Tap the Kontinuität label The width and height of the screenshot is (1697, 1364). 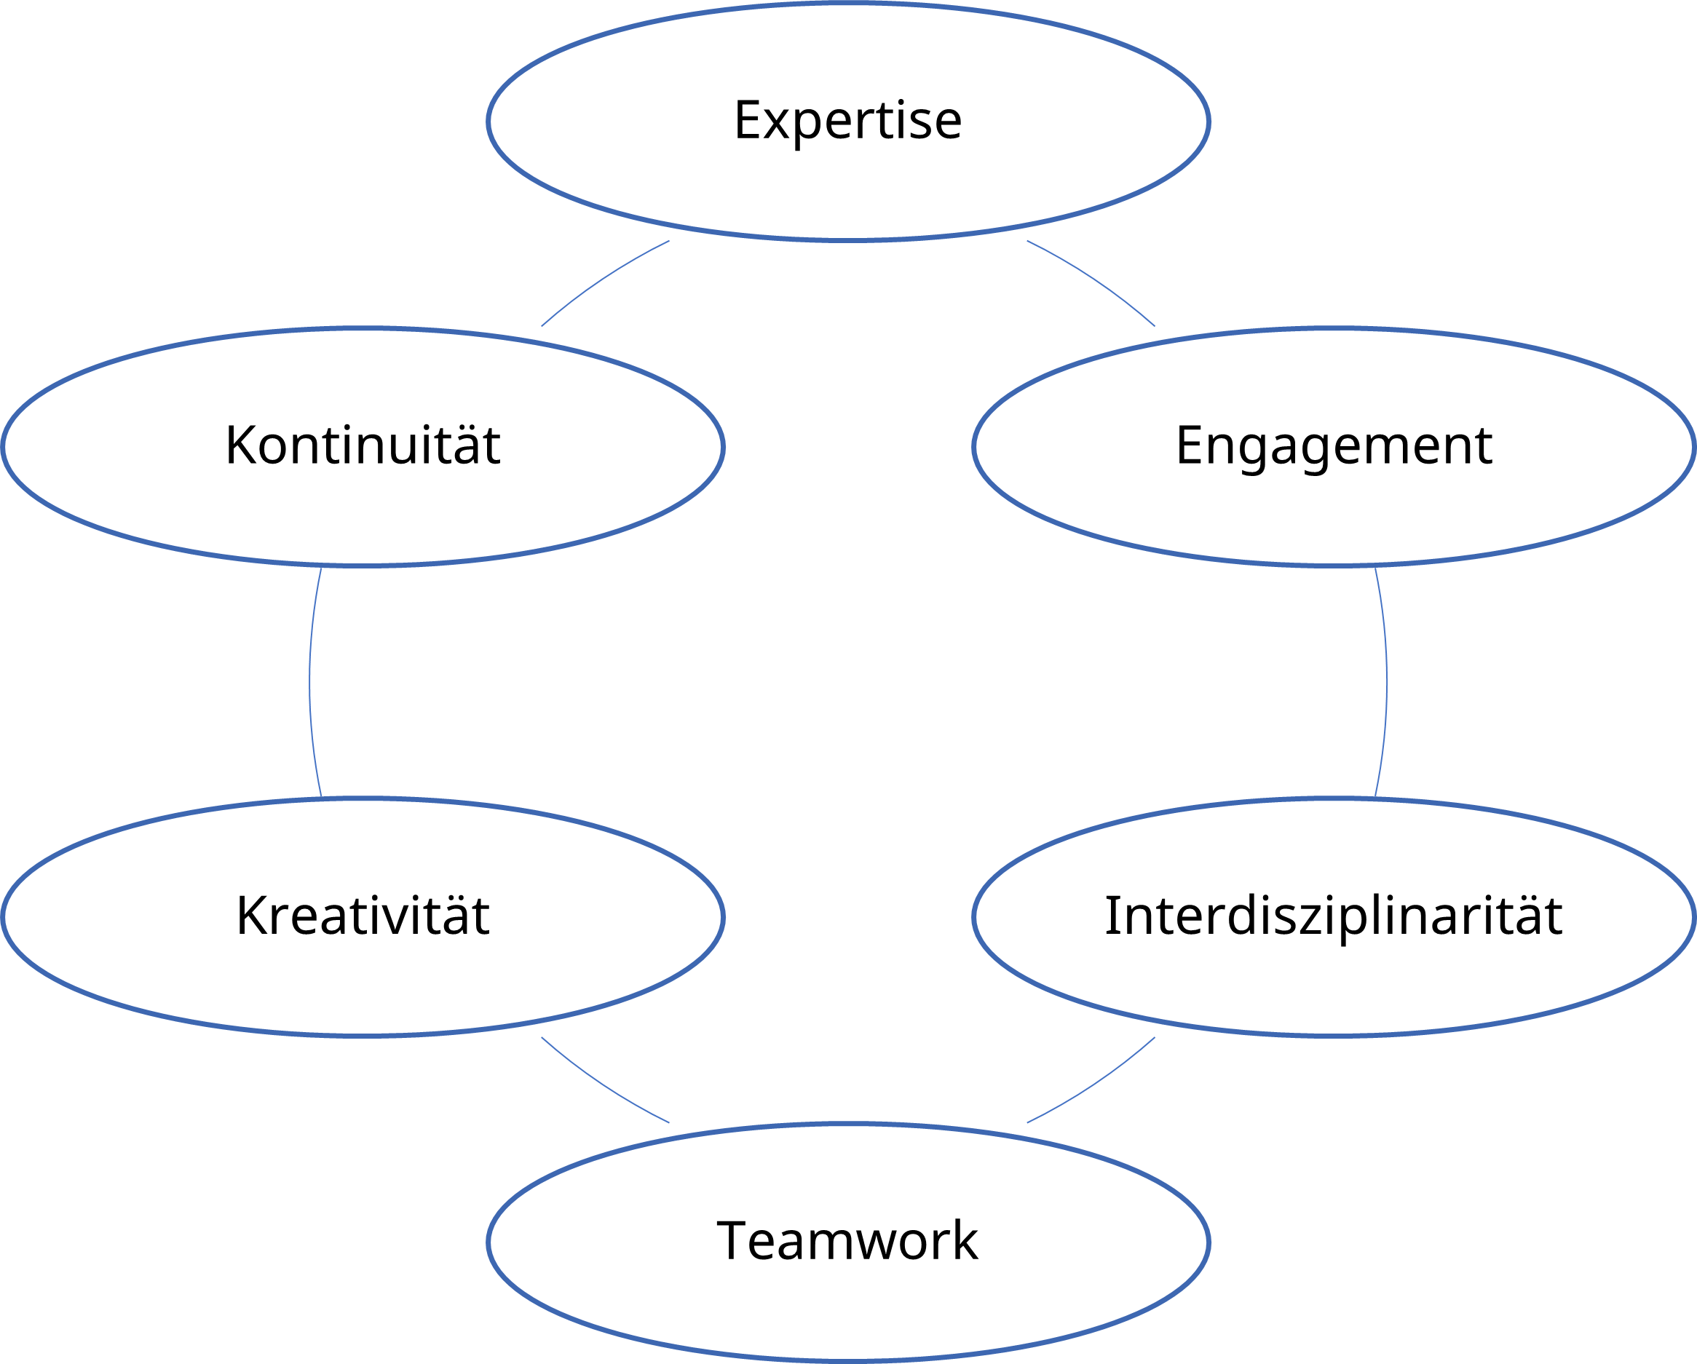(363, 445)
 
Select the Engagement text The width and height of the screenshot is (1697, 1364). (1334, 445)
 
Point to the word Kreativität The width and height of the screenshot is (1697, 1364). (363, 916)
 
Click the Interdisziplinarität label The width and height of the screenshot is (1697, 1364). (1334, 916)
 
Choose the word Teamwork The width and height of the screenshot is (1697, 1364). (847, 1241)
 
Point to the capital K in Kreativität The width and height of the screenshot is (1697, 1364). (252, 916)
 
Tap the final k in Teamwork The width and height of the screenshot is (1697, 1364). (965, 1241)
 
